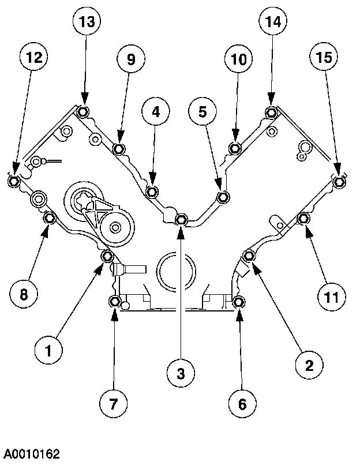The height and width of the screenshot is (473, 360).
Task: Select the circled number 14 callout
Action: coord(273,22)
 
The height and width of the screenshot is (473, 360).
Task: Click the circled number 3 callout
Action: coord(181,374)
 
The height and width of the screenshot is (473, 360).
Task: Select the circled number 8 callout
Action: coord(24,294)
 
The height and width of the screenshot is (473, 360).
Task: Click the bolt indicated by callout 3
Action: coord(181,219)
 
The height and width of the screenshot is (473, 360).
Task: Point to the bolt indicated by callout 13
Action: coord(83,111)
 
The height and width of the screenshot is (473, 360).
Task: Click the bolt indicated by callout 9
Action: coord(119,149)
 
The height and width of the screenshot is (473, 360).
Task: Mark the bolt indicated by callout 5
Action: coord(223,198)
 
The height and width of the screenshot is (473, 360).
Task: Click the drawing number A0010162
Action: coord(30,454)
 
